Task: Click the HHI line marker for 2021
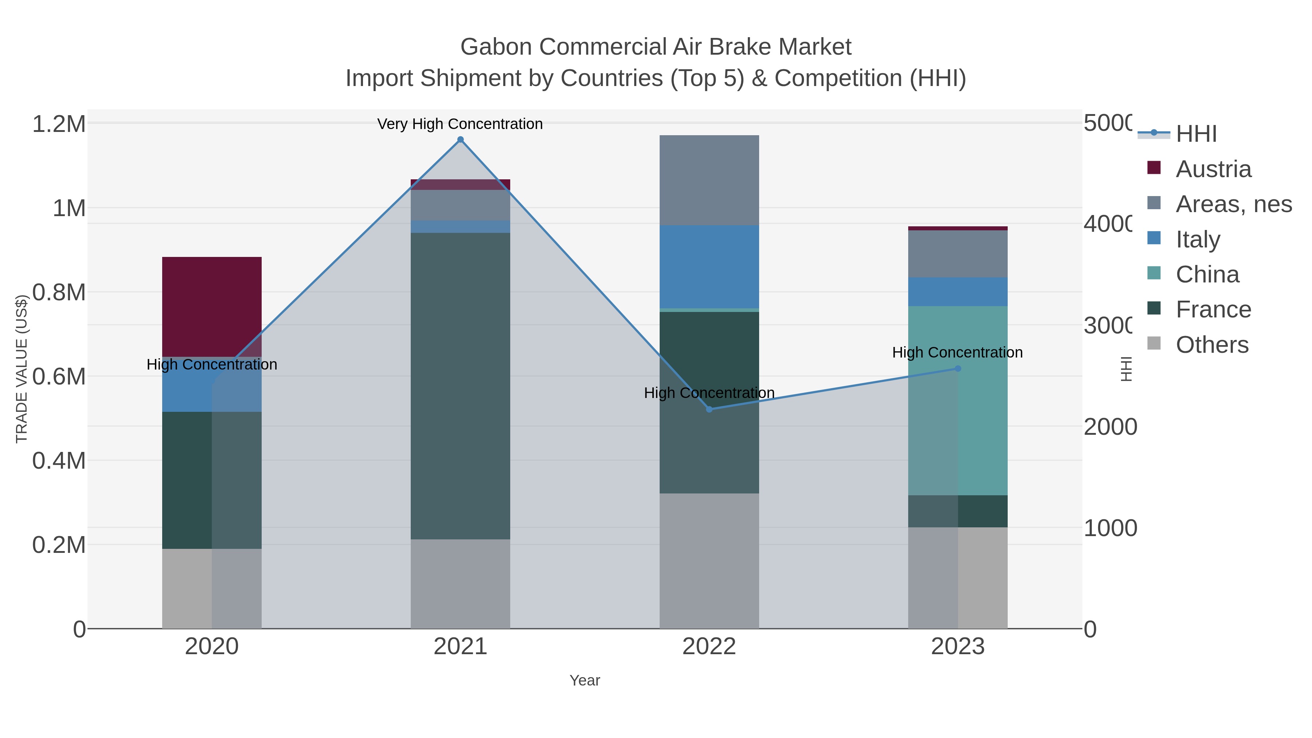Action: click(460, 140)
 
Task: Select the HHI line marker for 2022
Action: click(709, 410)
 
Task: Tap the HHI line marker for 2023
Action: click(957, 369)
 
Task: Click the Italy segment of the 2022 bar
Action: click(709, 266)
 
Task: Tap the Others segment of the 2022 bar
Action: click(709, 560)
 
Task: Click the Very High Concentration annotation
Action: click(460, 124)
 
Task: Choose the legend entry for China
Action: click(1207, 274)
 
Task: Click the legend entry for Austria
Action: click(1213, 169)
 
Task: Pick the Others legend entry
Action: click(1212, 345)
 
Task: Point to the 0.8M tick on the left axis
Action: click(59, 292)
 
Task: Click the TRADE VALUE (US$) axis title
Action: click(22, 369)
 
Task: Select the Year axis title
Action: click(585, 680)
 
